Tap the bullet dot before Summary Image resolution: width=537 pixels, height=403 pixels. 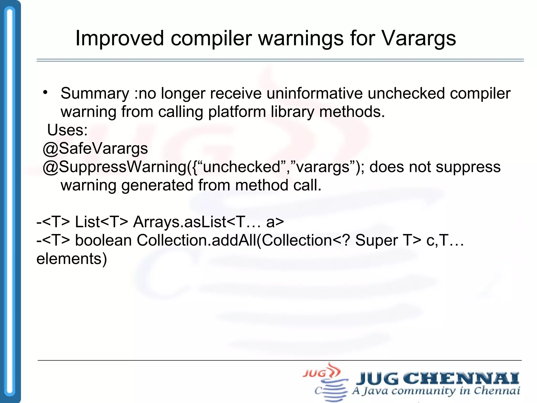tap(46, 92)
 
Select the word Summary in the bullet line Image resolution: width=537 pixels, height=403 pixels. tap(95, 93)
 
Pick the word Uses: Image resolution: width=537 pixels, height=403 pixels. tap(67, 130)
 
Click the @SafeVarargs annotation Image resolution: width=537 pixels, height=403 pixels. tap(95, 149)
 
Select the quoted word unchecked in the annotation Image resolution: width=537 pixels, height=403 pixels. tap(241, 167)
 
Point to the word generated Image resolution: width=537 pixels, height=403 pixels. tap(157, 185)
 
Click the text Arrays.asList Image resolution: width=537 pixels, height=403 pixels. tap(179, 222)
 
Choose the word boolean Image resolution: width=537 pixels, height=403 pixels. tap(103, 240)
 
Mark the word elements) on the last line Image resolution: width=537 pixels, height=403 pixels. tap(72, 259)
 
